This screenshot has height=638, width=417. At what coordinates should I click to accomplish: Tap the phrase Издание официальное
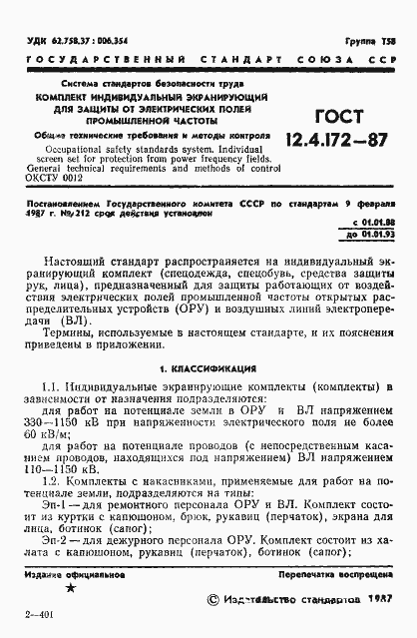pyautogui.click(x=64, y=575)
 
